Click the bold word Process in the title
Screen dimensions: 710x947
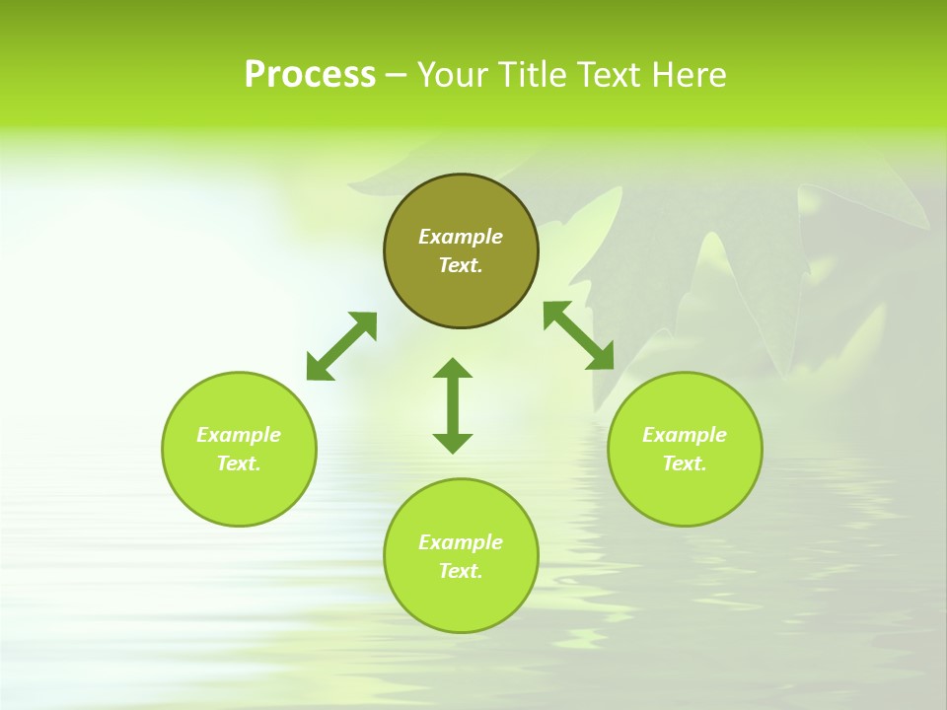tap(310, 75)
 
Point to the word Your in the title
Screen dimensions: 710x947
tap(451, 75)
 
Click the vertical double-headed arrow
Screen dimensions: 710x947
tap(453, 405)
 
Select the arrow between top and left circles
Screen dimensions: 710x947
tap(341, 346)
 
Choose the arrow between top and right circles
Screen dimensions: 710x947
tap(578, 335)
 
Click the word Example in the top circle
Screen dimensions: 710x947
tap(461, 237)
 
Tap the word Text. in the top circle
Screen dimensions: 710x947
tap(461, 265)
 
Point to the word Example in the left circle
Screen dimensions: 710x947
tap(239, 435)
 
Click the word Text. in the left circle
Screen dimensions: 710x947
tap(239, 463)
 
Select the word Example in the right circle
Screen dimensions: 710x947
tap(685, 435)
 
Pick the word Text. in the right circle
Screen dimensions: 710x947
tap(685, 463)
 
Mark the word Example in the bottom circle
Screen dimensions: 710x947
tap(461, 542)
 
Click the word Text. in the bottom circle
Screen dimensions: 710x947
tap(461, 571)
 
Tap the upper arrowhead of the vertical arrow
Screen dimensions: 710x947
tap(453, 368)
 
